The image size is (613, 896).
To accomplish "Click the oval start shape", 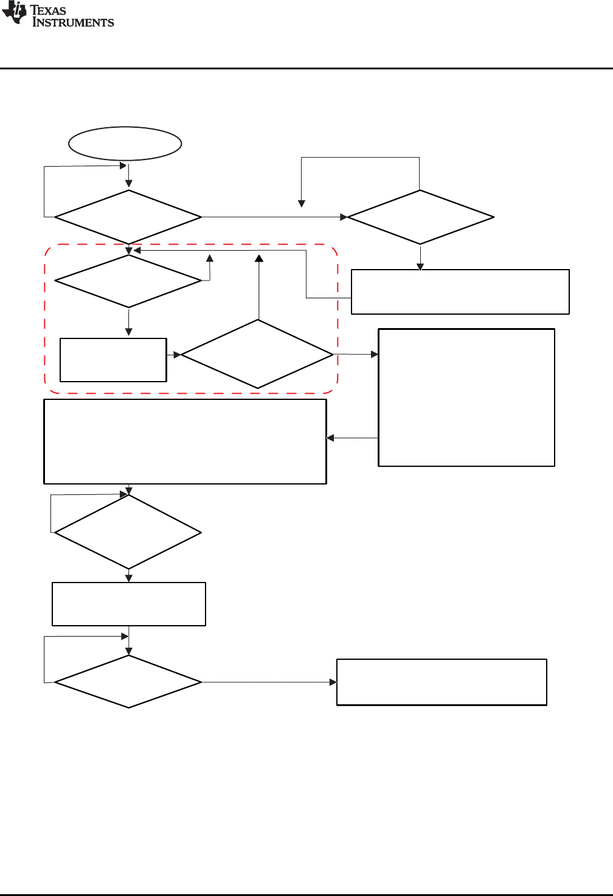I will (125, 144).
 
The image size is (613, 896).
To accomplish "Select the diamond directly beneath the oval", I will (128, 217).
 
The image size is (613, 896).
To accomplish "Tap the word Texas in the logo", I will (48, 10).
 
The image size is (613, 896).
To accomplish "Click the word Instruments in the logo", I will (73, 23).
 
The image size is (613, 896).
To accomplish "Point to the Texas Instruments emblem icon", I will (15, 13).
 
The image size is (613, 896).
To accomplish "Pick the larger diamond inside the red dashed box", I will (257, 354).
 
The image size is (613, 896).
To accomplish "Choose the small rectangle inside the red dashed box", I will (113, 360).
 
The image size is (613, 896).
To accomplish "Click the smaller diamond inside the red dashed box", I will (128, 281).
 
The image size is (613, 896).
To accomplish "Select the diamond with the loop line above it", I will (420, 217).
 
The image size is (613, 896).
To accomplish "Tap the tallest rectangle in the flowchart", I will (466, 397).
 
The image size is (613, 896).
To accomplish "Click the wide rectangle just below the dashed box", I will (185, 441).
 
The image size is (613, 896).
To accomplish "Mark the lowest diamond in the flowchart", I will (128, 682).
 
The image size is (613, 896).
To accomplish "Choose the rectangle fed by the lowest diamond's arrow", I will (442, 682).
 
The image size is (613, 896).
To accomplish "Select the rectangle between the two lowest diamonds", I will (129, 604).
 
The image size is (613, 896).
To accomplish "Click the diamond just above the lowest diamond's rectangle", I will (128, 533).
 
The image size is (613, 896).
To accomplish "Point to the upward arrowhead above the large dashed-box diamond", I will (259, 258).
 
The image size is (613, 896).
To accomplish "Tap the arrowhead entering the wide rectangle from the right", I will (330, 438).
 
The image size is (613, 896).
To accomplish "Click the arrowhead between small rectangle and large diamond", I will (177, 354).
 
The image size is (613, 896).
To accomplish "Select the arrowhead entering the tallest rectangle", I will (375, 354).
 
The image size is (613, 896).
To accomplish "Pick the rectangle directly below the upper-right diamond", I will (460, 292).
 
